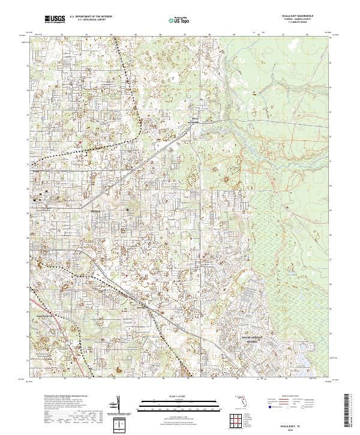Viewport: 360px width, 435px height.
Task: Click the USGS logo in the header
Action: point(55,20)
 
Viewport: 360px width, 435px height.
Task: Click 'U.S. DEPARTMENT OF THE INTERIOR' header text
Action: point(90,17)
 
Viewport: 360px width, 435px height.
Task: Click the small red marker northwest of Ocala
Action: point(80,142)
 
